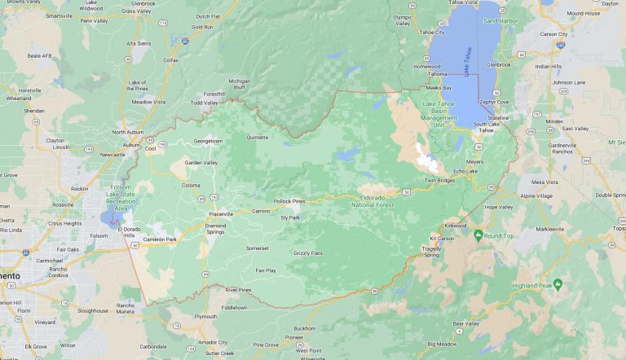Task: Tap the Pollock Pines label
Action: click(289, 200)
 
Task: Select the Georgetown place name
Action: click(207, 141)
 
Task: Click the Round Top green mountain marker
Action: click(478, 235)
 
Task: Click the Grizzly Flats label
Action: click(307, 253)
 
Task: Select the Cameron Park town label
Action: click(159, 239)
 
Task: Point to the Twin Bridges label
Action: click(439, 180)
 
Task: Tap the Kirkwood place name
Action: click(455, 226)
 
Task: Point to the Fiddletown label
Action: click(234, 308)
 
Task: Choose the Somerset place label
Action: click(258, 248)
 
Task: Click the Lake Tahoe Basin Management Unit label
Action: click(439, 112)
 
